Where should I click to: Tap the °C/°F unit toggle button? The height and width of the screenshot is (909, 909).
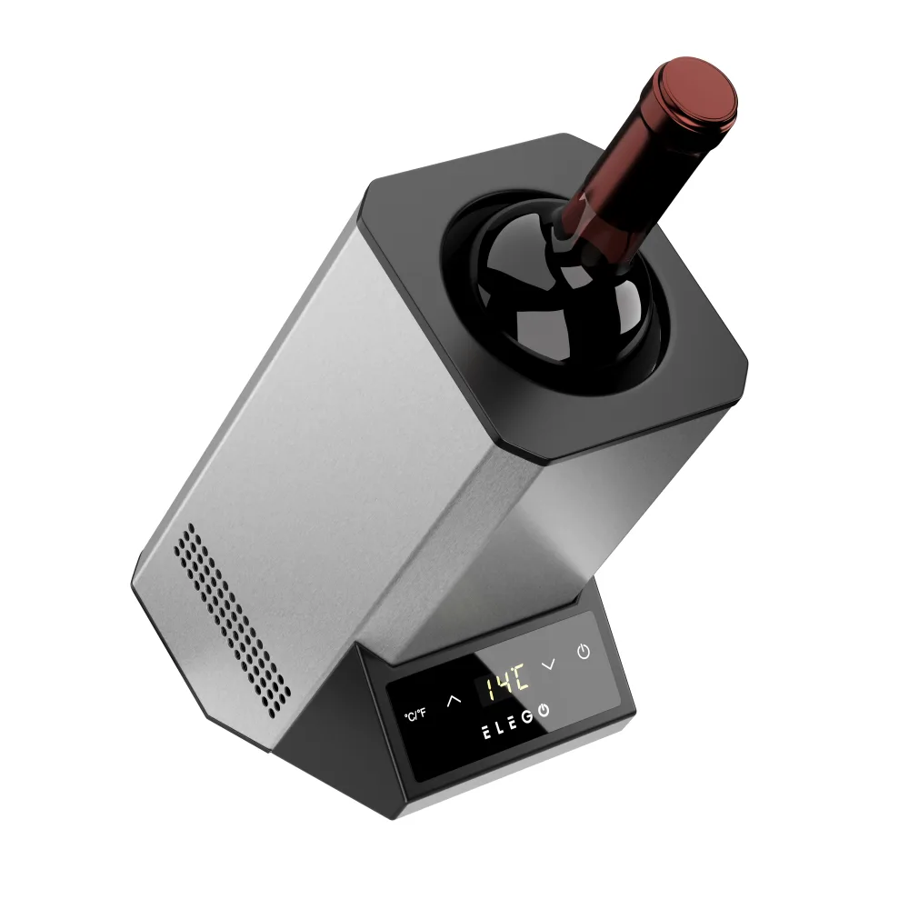[415, 714]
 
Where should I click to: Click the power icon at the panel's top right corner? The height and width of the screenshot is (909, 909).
[584, 652]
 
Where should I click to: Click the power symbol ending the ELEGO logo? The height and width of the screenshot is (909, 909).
[544, 710]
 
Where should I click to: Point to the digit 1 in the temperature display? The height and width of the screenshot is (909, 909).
[491, 688]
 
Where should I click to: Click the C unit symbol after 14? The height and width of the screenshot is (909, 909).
[521, 676]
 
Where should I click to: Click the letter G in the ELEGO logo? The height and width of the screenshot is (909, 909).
[527, 717]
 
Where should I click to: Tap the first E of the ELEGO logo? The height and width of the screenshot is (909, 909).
[487, 733]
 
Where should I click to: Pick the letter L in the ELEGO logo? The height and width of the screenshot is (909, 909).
[501, 727]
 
